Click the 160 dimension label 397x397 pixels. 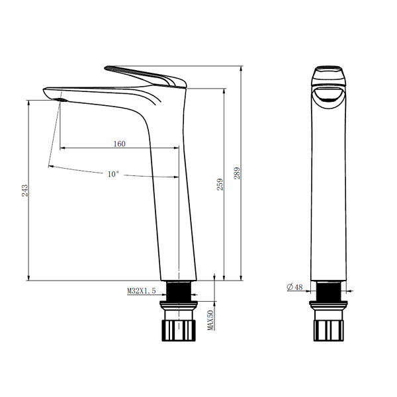(x=120, y=144)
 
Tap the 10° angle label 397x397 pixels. (x=113, y=174)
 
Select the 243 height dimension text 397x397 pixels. (x=24, y=191)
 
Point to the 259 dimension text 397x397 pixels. (x=220, y=185)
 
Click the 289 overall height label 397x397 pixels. (x=237, y=173)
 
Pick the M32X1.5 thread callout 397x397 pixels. (x=142, y=291)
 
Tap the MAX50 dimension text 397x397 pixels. (x=210, y=320)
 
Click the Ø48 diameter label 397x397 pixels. (x=294, y=287)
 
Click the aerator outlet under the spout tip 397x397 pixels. (x=61, y=100)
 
